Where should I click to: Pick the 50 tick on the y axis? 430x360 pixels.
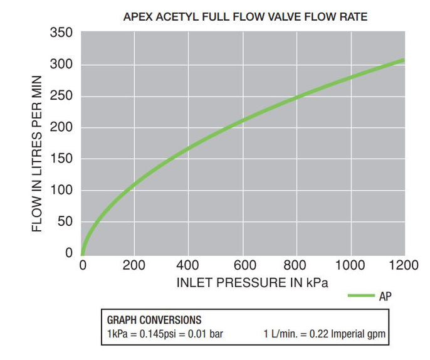click(x=65, y=221)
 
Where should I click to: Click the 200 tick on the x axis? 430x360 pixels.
click(x=134, y=265)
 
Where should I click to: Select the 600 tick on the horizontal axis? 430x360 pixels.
click(x=243, y=265)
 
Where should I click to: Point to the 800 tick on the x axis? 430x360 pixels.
click(x=296, y=265)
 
